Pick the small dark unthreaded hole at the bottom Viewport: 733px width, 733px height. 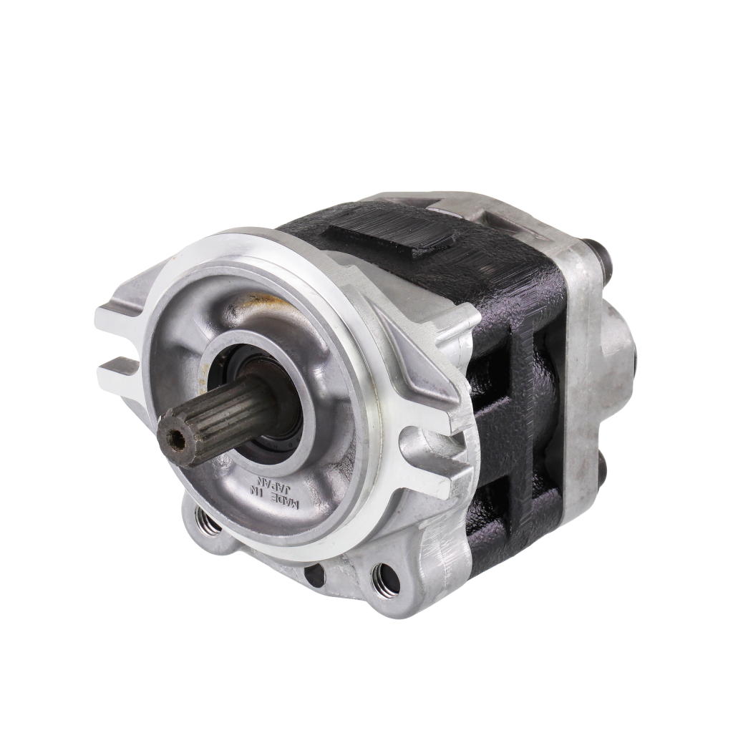pos(314,574)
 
